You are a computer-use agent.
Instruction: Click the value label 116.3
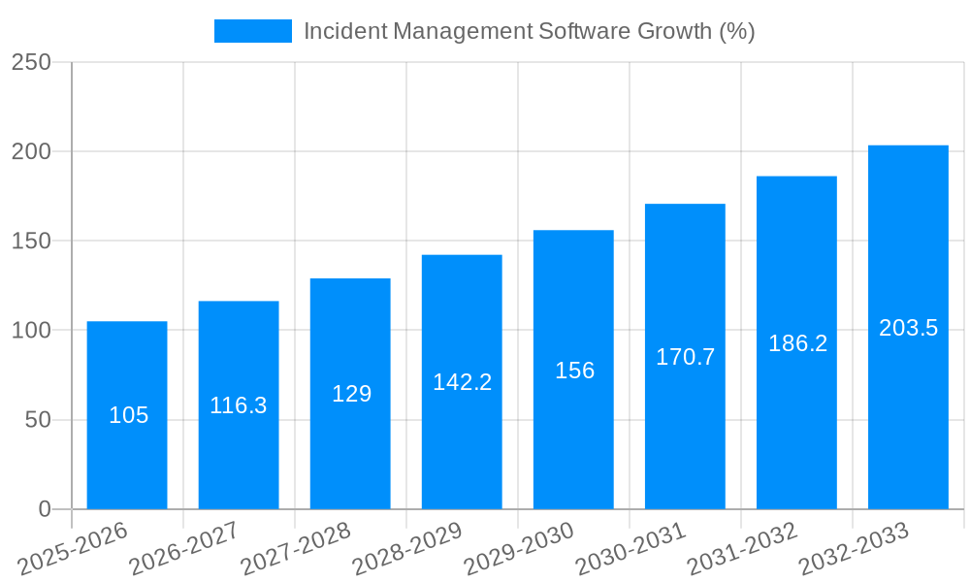[239, 405]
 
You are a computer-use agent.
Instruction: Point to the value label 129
[351, 394]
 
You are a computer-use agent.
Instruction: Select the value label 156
[574, 371]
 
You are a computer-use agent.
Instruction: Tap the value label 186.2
[797, 343]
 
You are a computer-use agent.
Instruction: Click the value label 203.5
[908, 328]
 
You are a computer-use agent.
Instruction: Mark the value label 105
[128, 415]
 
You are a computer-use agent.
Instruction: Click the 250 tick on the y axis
[31, 62]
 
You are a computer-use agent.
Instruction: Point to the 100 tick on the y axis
[31, 331]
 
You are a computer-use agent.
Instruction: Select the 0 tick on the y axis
[44, 509]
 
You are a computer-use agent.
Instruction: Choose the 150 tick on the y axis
[31, 241]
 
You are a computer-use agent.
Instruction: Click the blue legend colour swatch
[253, 31]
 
